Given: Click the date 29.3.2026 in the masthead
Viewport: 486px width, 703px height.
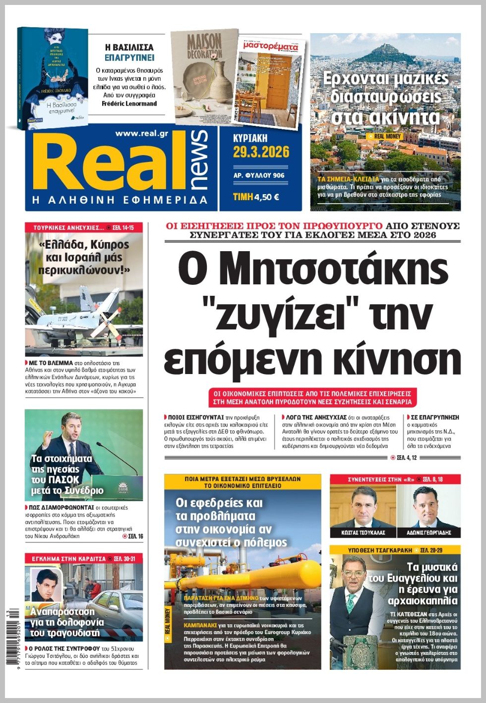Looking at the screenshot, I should coord(261,152).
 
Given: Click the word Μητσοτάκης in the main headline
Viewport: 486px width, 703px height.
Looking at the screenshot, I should coord(312,270).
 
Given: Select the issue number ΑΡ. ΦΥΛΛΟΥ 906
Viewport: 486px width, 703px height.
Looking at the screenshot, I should coord(258,175).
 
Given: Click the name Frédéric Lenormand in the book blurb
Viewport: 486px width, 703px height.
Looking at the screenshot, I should coord(129,104).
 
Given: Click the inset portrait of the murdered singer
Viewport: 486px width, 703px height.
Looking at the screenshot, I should coord(45,584).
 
